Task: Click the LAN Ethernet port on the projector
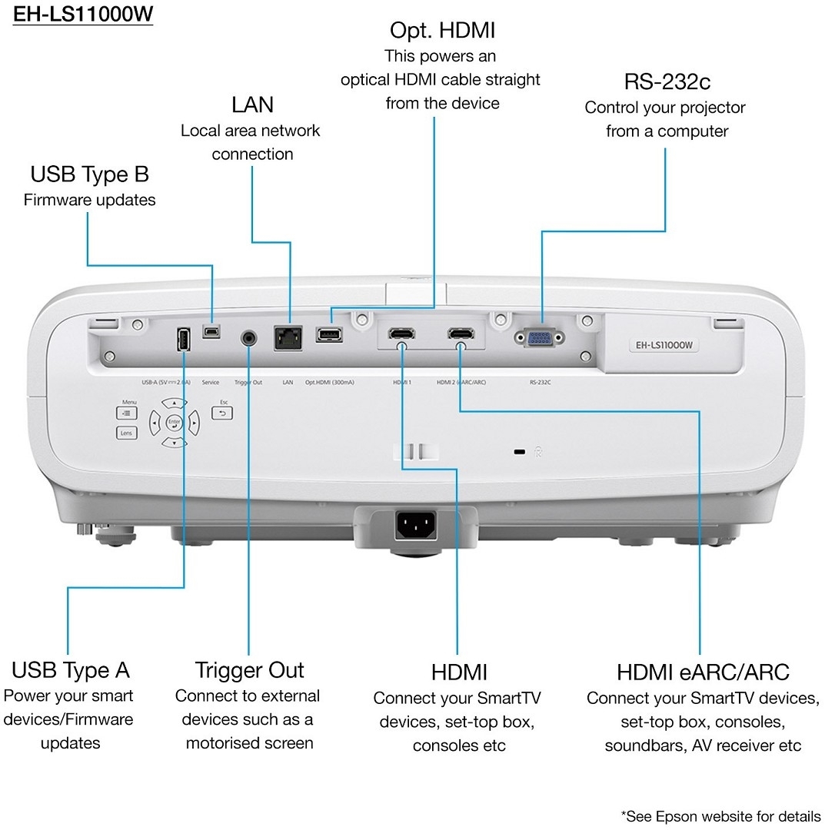[x=288, y=338]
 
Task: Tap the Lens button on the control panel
[x=127, y=433]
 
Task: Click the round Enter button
[x=174, y=422]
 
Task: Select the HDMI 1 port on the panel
[x=401, y=334]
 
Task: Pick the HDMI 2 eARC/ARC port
[x=461, y=334]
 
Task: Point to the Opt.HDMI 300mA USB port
[x=329, y=335]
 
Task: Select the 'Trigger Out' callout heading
[x=250, y=670]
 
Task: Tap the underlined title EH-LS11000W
[x=82, y=15]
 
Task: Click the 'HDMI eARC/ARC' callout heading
[x=703, y=672]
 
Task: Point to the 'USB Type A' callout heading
[x=71, y=670]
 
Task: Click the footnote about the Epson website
[x=720, y=815]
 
